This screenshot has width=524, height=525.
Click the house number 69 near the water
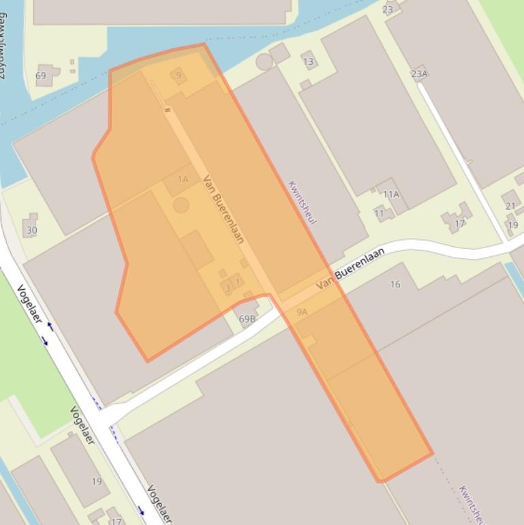pyautogui.click(x=41, y=76)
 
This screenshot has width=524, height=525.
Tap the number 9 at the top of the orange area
pyautogui.click(x=179, y=75)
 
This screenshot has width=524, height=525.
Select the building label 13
pyautogui.click(x=309, y=62)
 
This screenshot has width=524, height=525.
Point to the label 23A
pyautogui.click(x=419, y=74)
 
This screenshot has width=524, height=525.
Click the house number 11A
pyautogui.click(x=390, y=194)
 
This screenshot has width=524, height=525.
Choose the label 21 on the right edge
pyautogui.click(x=510, y=206)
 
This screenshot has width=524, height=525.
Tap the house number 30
pyautogui.click(x=32, y=230)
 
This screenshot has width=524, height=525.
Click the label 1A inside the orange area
pyautogui.click(x=183, y=179)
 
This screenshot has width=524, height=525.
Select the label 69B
pyautogui.click(x=247, y=318)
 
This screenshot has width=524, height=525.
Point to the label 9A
pyautogui.click(x=302, y=312)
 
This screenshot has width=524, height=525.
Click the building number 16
pyautogui.click(x=395, y=284)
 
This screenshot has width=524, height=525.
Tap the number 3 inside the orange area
pyautogui.click(x=228, y=288)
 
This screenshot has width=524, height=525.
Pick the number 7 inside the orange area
pyautogui.click(x=238, y=282)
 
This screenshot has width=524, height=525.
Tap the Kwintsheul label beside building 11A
pyautogui.click(x=303, y=202)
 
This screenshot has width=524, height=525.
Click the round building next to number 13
pyautogui.click(x=264, y=62)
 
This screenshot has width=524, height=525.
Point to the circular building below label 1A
pyautogui.click(x=181, y=205)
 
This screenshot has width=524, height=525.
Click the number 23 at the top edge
pyautogui.click(x=388, y=9)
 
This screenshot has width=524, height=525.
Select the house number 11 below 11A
pyautogui.click(x=380, y=213)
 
